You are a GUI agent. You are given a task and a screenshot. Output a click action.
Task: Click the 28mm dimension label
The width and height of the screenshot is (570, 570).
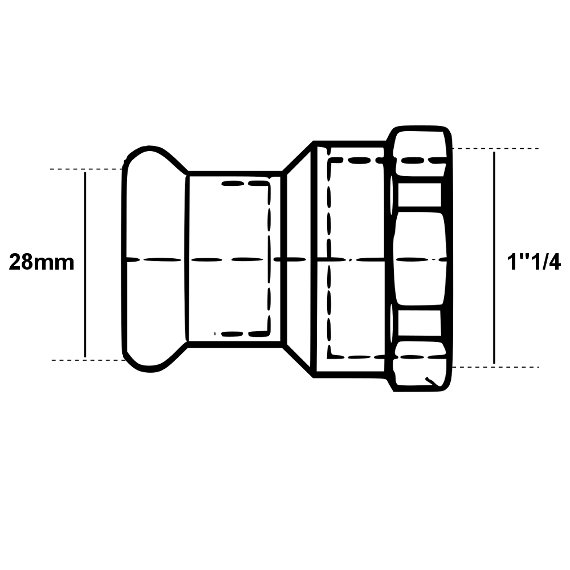click(42, 262)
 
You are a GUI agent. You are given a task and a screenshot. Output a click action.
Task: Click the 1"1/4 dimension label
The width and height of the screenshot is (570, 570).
click(534, 262)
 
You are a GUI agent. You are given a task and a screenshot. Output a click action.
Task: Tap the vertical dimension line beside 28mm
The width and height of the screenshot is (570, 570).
click(85, 264)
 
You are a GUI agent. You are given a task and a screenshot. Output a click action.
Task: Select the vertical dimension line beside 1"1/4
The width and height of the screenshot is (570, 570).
click(494, 258)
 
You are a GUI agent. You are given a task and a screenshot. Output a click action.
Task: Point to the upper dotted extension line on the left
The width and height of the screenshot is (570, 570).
click(87, 169)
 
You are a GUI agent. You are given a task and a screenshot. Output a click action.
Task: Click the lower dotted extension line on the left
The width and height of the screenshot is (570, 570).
click(88, 360)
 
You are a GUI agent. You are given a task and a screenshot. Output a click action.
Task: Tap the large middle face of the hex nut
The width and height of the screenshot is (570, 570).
click(420, 258)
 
